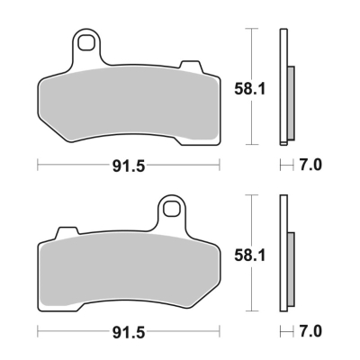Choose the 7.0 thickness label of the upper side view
coord(310,165)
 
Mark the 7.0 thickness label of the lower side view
coord(310,331)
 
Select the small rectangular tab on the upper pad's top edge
coord(190,65)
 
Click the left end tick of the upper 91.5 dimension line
coord(37,165)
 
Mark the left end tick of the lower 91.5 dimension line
coord(37,331)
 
